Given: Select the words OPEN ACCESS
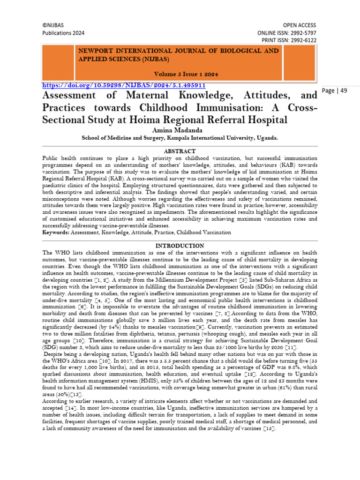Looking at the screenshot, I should pyautogui.click(x=300, y=25).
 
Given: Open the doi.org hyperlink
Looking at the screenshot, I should pyautogui.click(x=124, y=86).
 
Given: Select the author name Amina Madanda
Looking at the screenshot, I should pyautogui.click(x=180, y=130).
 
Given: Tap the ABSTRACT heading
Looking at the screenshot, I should pyautogui.click(x=180, y=151).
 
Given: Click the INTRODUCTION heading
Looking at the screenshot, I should pyautogui.click(x=180, y=246).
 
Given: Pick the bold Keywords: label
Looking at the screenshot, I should pyautogui.click(x=56, y=232).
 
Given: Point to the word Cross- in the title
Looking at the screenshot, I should pyautogui.click(x=302, y=108).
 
